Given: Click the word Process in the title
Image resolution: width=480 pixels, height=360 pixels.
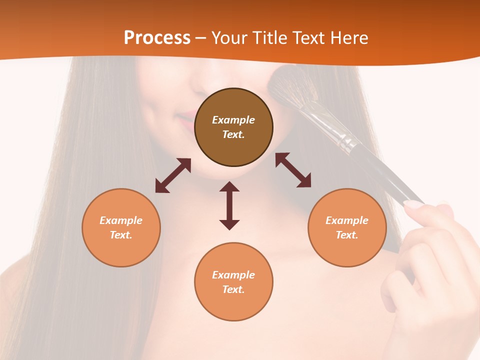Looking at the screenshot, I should [x=157, y=38].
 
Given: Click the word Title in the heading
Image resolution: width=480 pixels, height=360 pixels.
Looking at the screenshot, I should [x=268, y=38].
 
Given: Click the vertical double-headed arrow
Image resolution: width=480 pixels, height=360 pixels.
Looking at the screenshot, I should [x=229, y=205].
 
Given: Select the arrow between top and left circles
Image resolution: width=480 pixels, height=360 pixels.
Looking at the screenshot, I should [x=173, y=175].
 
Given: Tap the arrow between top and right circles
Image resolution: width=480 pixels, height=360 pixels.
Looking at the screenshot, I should [x=293, y=170].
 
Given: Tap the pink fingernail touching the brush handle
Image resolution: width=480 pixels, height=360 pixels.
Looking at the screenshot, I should [x=413, y=204].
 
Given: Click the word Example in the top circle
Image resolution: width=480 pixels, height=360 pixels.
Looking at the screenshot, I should [x=233, y=120].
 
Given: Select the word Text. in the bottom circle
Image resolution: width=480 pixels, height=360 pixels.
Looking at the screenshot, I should [x=233, y=289].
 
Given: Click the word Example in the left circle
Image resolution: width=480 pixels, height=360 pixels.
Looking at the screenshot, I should [x=121, y=220].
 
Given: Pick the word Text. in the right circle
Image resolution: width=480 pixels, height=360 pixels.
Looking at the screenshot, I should [x=347, y=235].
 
